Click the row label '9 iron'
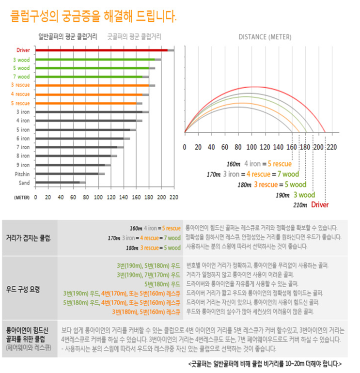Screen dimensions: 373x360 (x=23, y=165)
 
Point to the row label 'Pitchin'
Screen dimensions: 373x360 (x=22, y=173)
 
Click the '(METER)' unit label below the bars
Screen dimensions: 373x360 (x=22, y=198)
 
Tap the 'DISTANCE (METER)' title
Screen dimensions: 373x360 (x=265, y=37)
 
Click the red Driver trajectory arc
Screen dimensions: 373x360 (x=252, y=87)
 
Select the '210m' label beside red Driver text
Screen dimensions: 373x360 (x=300, y=205)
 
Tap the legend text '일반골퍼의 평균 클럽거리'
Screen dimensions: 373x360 (x=67, y=36)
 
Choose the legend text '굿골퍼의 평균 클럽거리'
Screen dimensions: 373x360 (x=134, y=36)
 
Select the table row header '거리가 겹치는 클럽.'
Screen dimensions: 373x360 (x=29, y=238)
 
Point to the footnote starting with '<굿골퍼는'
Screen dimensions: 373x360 (x=265, y=363)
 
